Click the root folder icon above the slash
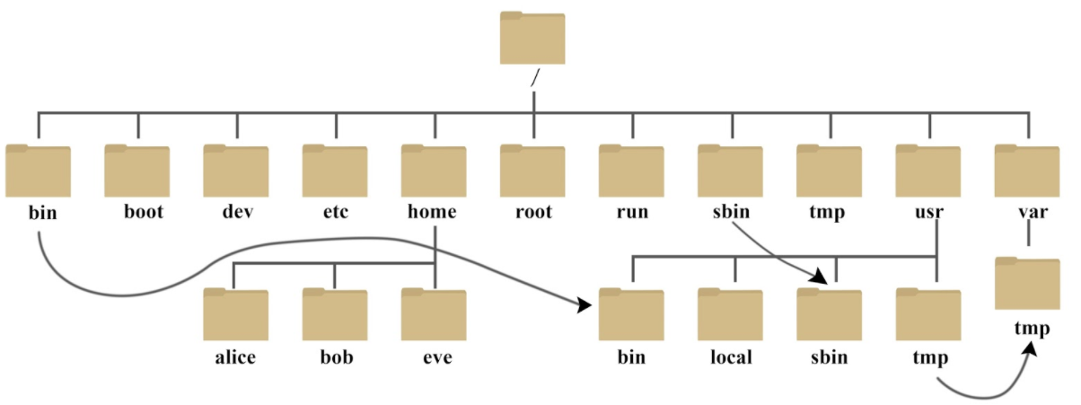point(532,38)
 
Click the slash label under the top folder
point(534,78)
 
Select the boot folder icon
point(137,171)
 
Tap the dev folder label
point(237,211)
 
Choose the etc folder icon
point(335,171)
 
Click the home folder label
point(432,211)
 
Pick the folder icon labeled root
point(532,171)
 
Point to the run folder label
point(632,212)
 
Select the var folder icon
point(1027,171)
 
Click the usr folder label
point(929,212)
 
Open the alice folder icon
point(235,314)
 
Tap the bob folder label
point(337,357)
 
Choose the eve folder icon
point(434,314)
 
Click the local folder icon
point(730,314)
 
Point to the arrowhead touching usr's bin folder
point(584,305)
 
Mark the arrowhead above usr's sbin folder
point(819,277)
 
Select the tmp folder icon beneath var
point(1027,284)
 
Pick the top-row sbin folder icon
point(730,171)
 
